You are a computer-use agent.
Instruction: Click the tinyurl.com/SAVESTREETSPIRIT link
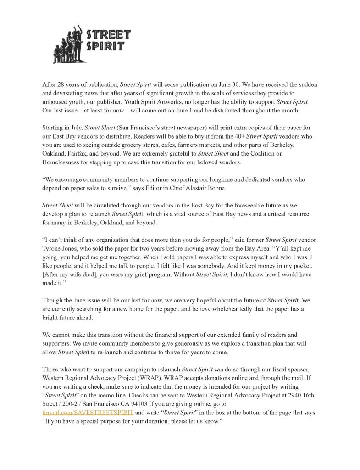coord(88,413)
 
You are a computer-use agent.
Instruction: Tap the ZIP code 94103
coord(140,404)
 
